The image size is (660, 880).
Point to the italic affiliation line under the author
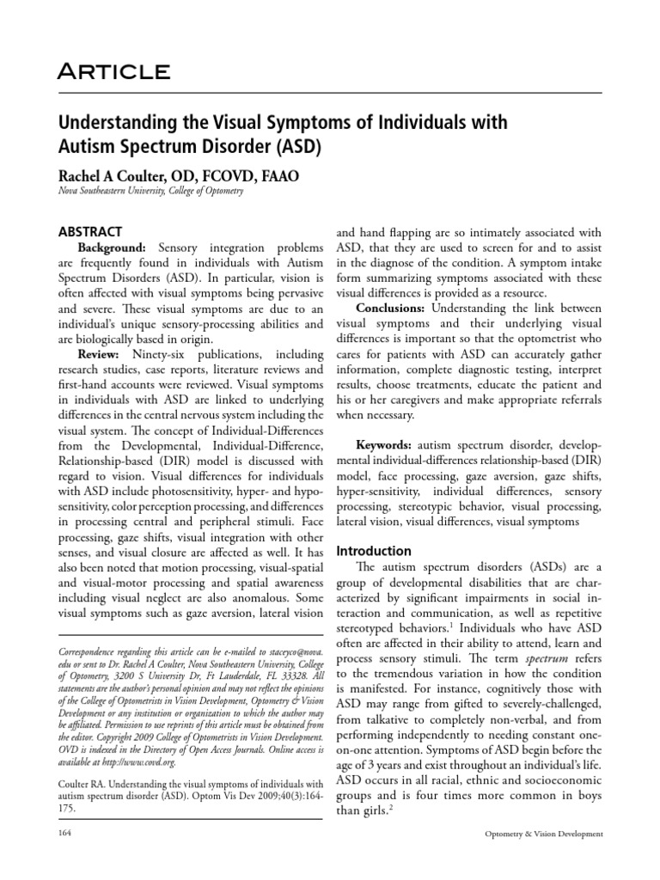pos(151,192)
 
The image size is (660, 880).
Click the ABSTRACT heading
pos(90,231)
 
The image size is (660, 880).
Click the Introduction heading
pos(374,551)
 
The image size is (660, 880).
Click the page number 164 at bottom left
pos(62,834)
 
